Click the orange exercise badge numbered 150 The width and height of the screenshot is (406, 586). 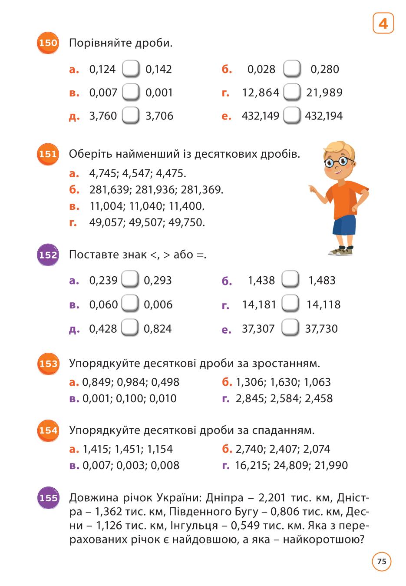[x=48, y=43]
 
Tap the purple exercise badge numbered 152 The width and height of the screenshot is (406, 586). [x=48, y=255]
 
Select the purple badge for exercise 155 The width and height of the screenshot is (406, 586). [x=48, y=497]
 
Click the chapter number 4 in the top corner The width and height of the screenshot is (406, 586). [x=383, y=23]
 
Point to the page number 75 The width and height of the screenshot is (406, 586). [x=382, y=562]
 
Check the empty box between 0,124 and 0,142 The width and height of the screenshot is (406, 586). [x=130, y=69]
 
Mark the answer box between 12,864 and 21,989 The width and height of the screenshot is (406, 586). [x=292, y=92]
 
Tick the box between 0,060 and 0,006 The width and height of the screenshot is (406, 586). [x=130, y=303]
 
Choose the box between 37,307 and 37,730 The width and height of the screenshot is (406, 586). [x=290, y=327]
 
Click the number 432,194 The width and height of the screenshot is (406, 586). [x=323, y=116]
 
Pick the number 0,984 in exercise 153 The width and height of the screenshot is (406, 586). [x=132, y=382]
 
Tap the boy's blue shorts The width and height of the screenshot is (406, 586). [x=344, y=225]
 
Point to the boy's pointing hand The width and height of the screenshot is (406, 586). [x=313, y=189]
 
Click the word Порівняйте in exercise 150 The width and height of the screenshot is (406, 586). [x=100, y=43]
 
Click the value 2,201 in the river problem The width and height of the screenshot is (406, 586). [x=272, y=498]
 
